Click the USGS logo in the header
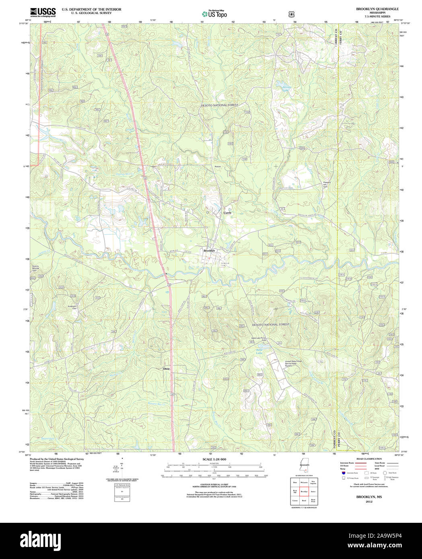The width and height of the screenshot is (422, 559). point(43,12)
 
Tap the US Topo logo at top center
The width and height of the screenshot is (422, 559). point(214,14)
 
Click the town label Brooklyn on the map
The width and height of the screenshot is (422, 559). point(209,251)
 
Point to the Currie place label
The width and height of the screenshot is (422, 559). point(228,212)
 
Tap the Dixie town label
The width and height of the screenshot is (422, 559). point(167,368)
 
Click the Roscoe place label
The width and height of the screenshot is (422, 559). point(218,166)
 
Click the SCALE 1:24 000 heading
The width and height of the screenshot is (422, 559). point(214,459)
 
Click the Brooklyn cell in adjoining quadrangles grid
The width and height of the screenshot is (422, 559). point(304,491)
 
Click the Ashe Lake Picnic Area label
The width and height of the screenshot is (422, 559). point(259,339)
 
